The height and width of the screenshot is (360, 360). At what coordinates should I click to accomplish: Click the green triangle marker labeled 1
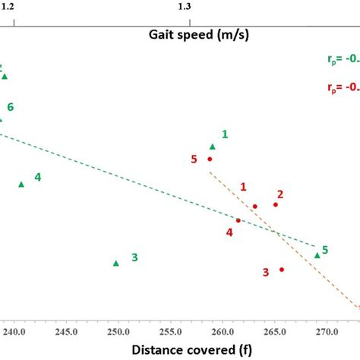pos(213,147)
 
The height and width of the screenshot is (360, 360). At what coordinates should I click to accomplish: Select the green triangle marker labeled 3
pos(116,264)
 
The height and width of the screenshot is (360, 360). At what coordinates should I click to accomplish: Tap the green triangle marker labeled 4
pos(21,184)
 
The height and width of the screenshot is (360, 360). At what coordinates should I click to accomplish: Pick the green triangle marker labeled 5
pos(317,255)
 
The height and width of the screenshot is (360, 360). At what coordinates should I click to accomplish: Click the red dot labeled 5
pos(210,159)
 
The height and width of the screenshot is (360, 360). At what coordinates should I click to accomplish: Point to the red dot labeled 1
pos(255,206)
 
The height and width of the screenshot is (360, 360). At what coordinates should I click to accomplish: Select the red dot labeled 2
pos(276,204)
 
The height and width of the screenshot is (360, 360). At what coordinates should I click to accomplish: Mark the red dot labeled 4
pos(238,220)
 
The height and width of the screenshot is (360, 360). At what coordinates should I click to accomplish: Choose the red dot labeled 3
pos(282,269)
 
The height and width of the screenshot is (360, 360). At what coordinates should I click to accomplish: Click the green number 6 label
pos(11,107)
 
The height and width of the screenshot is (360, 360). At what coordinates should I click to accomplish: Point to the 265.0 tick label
pos(273,332)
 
